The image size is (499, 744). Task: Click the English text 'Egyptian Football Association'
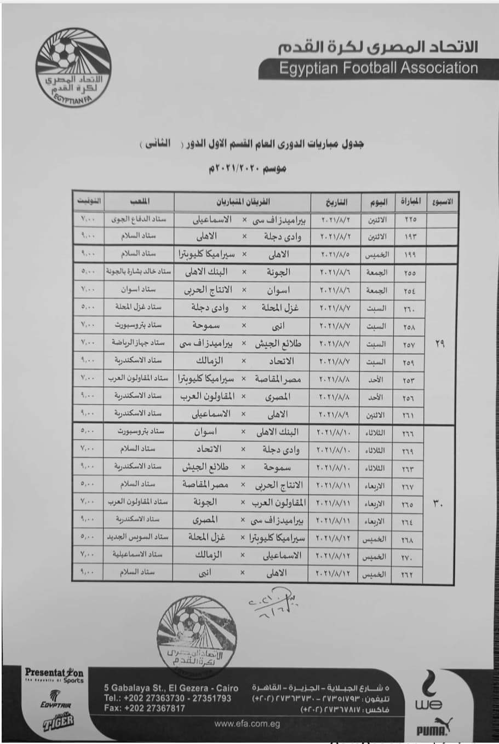378,68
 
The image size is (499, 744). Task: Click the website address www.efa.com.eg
247,724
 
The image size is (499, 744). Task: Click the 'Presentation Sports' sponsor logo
54,674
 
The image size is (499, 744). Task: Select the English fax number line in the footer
144,708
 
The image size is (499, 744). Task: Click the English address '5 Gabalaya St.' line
171,688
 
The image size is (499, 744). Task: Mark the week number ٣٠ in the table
439,503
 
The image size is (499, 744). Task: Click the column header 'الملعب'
139,201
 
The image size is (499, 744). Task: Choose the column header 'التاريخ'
336,201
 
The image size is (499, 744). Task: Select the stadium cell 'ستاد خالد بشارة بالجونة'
139,272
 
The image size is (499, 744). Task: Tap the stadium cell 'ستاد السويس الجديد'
139,537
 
